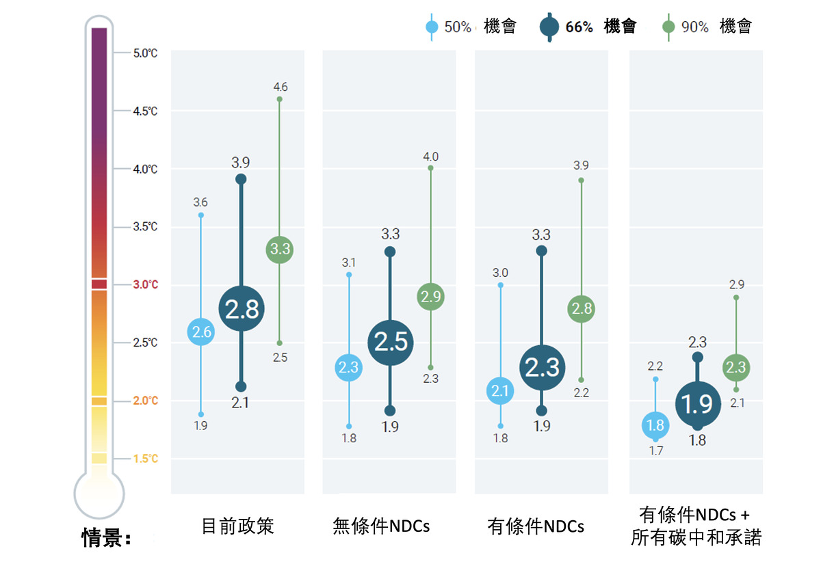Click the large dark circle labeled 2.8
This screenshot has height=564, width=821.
pyautogui.click(x=242, y=309)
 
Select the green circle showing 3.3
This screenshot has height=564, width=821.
pyautogui.click(x=279, y=250)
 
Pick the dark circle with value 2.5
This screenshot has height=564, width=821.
pyautogui.click(x=391, y=343)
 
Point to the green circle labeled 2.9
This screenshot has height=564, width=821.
pyautogui.click(x=431, y=297)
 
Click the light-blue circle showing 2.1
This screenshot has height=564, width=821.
pyautogui.click(x=500, y=391)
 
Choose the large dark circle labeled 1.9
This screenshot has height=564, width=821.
pyautogui.click(x=697, y=405)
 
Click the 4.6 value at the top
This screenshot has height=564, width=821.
pyautogui.click(x=280, y=87)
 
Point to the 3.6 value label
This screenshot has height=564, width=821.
pyautogui.click(x=200, y=202)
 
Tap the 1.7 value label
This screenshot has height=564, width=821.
pyautogui.click(x=656, y=451)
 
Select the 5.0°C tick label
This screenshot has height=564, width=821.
pyautogui.click(x=145, y=53)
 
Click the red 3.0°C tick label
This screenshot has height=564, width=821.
pyautogui.click(x=145, y=284)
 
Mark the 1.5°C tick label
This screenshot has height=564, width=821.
pyautogui.click(x=145, y=459)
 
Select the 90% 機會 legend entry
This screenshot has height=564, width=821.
pyautogui.click(x=708, y=27)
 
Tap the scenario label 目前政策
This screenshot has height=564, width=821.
pyautogui.click(x=237, y=526)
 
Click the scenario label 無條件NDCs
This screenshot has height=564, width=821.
pyautogui.click(x=381, y=526)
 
